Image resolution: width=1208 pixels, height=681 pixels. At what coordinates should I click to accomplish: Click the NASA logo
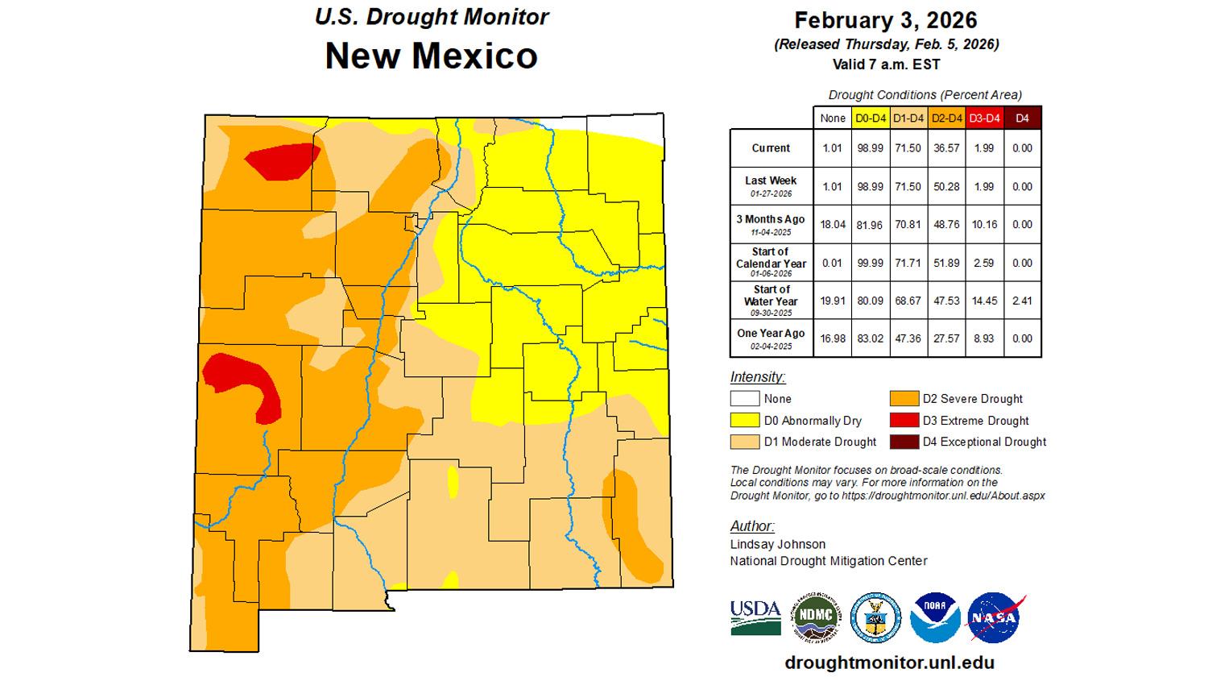pos(995,618)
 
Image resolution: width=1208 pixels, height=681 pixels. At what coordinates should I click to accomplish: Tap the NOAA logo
pos(935,618)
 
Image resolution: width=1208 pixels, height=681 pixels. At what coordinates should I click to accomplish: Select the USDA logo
pos(755,618)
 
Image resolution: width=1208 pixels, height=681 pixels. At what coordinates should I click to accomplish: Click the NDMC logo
pos(816,618)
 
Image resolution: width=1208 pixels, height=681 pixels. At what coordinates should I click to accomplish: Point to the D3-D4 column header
pos(983,118)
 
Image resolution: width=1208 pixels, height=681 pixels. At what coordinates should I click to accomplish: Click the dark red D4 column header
pos(1022,118)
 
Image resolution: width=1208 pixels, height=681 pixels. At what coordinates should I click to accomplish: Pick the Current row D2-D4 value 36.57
pos(945,148)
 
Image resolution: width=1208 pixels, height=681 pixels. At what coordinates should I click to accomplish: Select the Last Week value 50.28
pos(945,186)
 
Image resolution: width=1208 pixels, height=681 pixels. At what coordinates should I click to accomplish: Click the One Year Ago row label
pos(771,338)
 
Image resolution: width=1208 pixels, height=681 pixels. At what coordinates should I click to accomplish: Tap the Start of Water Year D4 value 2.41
pos(1022,301)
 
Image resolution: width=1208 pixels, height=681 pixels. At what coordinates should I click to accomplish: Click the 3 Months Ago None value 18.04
pos(833,224)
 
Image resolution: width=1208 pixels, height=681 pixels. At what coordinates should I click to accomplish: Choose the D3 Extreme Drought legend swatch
pos(904,421)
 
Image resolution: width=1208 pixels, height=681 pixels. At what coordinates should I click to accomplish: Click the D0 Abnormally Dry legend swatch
pos(745,421)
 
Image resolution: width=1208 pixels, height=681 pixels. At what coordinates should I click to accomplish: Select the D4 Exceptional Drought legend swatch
pos(904,442)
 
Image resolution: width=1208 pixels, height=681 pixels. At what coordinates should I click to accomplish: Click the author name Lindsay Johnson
pos(766,544)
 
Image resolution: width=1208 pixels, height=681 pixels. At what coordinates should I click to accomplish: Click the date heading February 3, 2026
pos(886,20)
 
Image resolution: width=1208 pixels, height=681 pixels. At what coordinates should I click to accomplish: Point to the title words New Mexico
pos(431,56)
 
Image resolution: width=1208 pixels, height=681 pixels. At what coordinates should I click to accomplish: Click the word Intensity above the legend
pos(757,377)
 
